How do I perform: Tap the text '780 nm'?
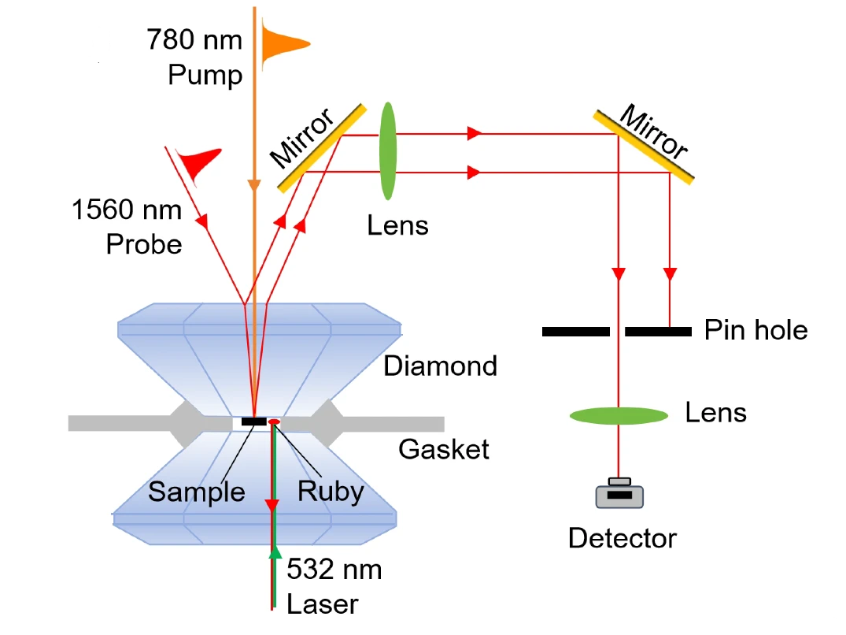click(x=194, y=39)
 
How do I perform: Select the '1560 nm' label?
click(x=127, y=210)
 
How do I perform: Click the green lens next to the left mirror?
click(x=388, y=150)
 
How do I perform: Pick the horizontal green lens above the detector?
click(x=619, y=415)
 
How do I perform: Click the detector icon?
click(x=619, y=494)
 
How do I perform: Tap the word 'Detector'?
click(x=622, y=539)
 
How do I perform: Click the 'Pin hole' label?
click(x=755, y=329)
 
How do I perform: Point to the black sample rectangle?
click(x=253, y=421)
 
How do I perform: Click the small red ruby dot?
click(x=274, y=423)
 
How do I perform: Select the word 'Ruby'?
click(x=331, y=491)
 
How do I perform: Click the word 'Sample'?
click(x=197, y=492)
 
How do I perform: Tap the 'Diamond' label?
click(x=440, y=366)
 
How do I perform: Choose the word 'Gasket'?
click(x=443, y=449)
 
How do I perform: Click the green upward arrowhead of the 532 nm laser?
click(x=275, y=553)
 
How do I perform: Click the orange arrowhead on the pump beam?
click(x=254, y=186)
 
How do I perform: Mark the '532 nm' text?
click(x=334, y=569)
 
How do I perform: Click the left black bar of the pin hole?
click(x=575, y=332)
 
